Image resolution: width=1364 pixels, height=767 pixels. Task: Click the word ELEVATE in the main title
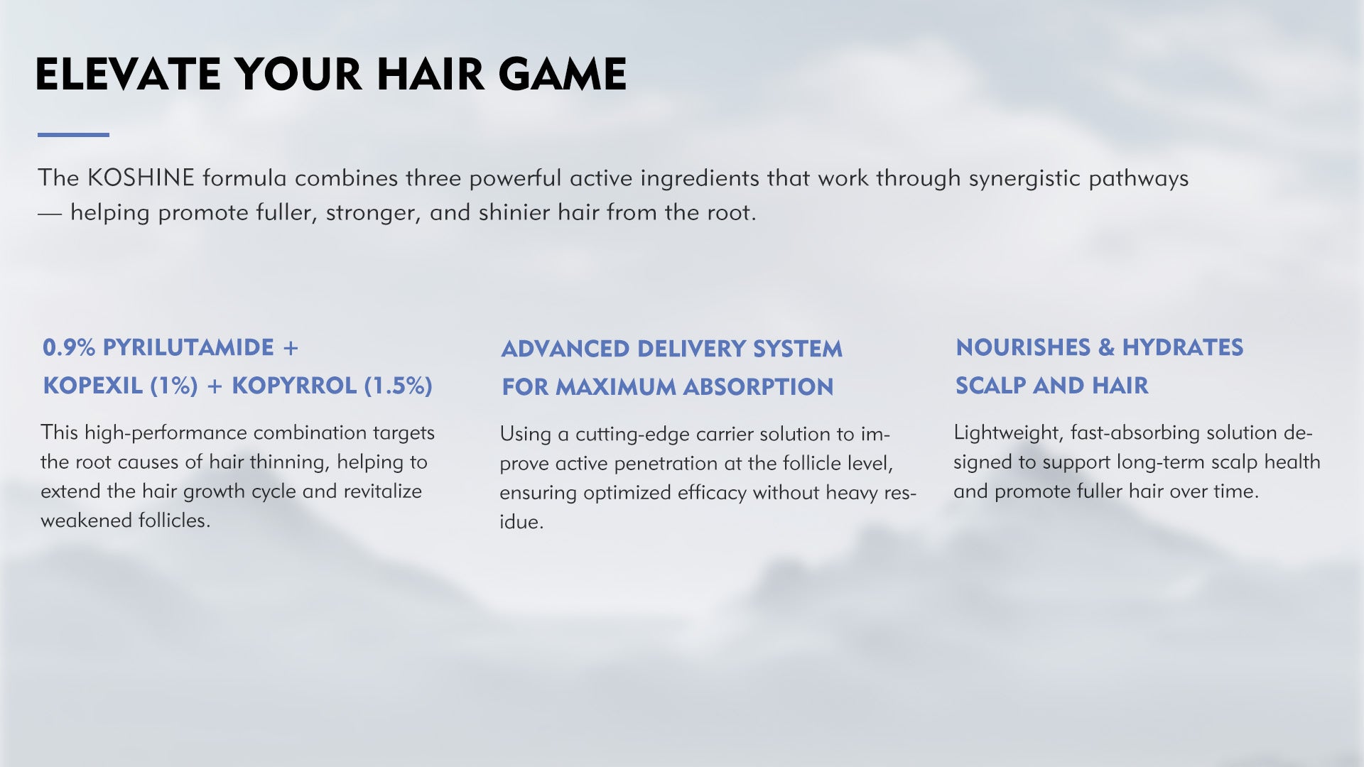(x=128, y=75)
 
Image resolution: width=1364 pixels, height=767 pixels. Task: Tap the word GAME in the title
(x=562, y=75)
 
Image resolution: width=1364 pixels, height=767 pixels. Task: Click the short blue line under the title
(x=73, y=134)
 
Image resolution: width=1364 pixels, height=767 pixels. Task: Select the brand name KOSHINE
(x=141, y=178)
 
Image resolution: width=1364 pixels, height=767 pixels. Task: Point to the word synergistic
(x=1025, y=179)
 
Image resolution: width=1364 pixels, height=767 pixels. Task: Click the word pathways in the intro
(x=1139, y=179)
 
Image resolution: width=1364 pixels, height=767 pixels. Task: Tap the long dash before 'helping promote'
(x=50, y=213)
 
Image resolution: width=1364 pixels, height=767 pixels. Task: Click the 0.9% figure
(x=69, y=347)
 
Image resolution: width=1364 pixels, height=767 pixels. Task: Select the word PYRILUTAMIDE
(x=188, y=347)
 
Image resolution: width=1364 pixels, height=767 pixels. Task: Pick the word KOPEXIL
(x=93, y=386)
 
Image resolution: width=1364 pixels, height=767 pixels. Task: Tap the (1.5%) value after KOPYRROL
(x=399, y=386)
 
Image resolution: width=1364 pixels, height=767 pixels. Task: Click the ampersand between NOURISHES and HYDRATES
(x=1106, y=347)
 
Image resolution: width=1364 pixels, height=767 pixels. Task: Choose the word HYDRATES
(x=1183, y=347)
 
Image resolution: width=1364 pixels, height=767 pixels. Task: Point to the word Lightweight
(x=1006, y=433)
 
